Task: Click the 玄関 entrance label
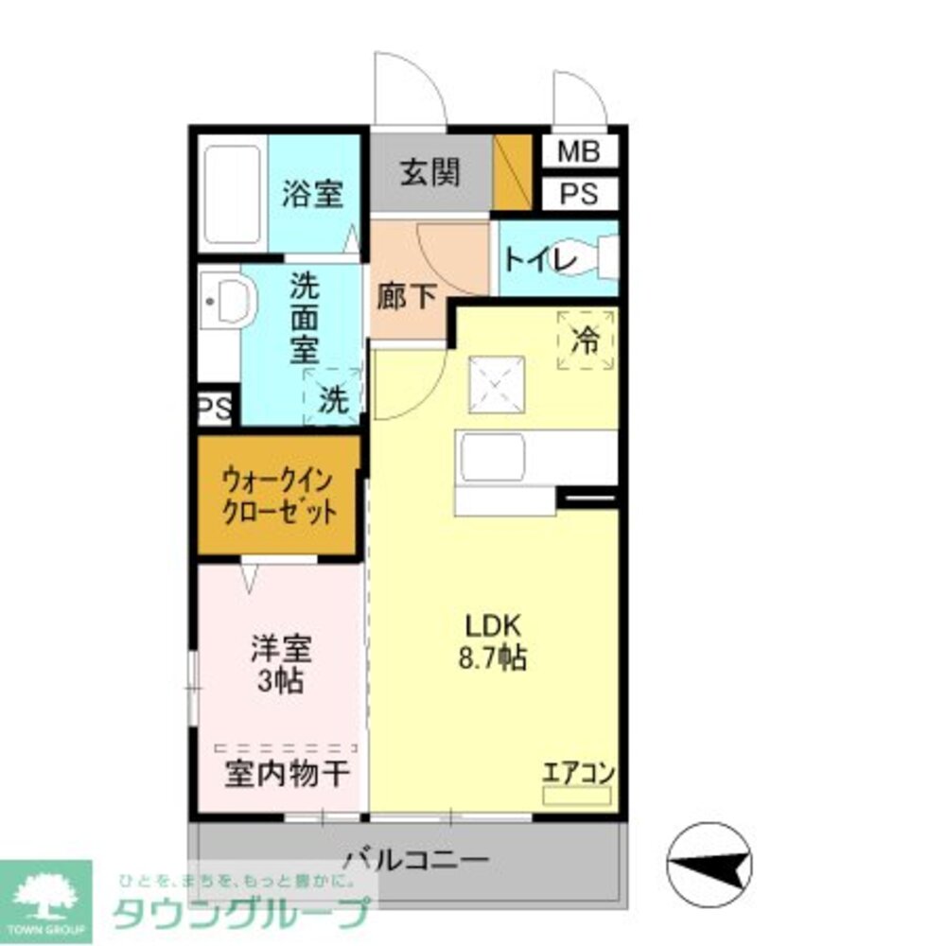(x=429, y=172)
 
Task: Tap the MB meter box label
(x=578, y=151)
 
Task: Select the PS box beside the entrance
(x=578, y=194)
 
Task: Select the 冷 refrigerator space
(x=586, y=340)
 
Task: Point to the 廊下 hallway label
(x=406, y=297)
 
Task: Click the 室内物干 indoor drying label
(x=287, y=775)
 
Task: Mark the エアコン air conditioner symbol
(x=578, y=793)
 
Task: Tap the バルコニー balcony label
(x=416, y=861)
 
